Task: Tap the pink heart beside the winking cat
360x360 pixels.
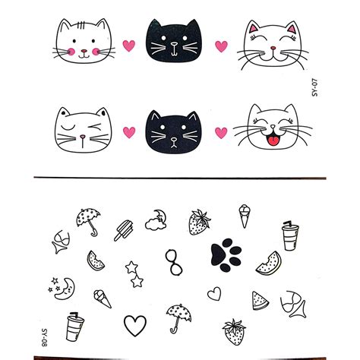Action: [x=129, y=132]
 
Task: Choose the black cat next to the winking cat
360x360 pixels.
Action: [x=174, y=129]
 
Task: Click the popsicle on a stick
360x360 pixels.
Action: [x=124, y=229]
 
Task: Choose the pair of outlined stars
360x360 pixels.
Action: [x=136, y=275]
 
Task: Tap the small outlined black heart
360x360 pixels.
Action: [x=215, y=292]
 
